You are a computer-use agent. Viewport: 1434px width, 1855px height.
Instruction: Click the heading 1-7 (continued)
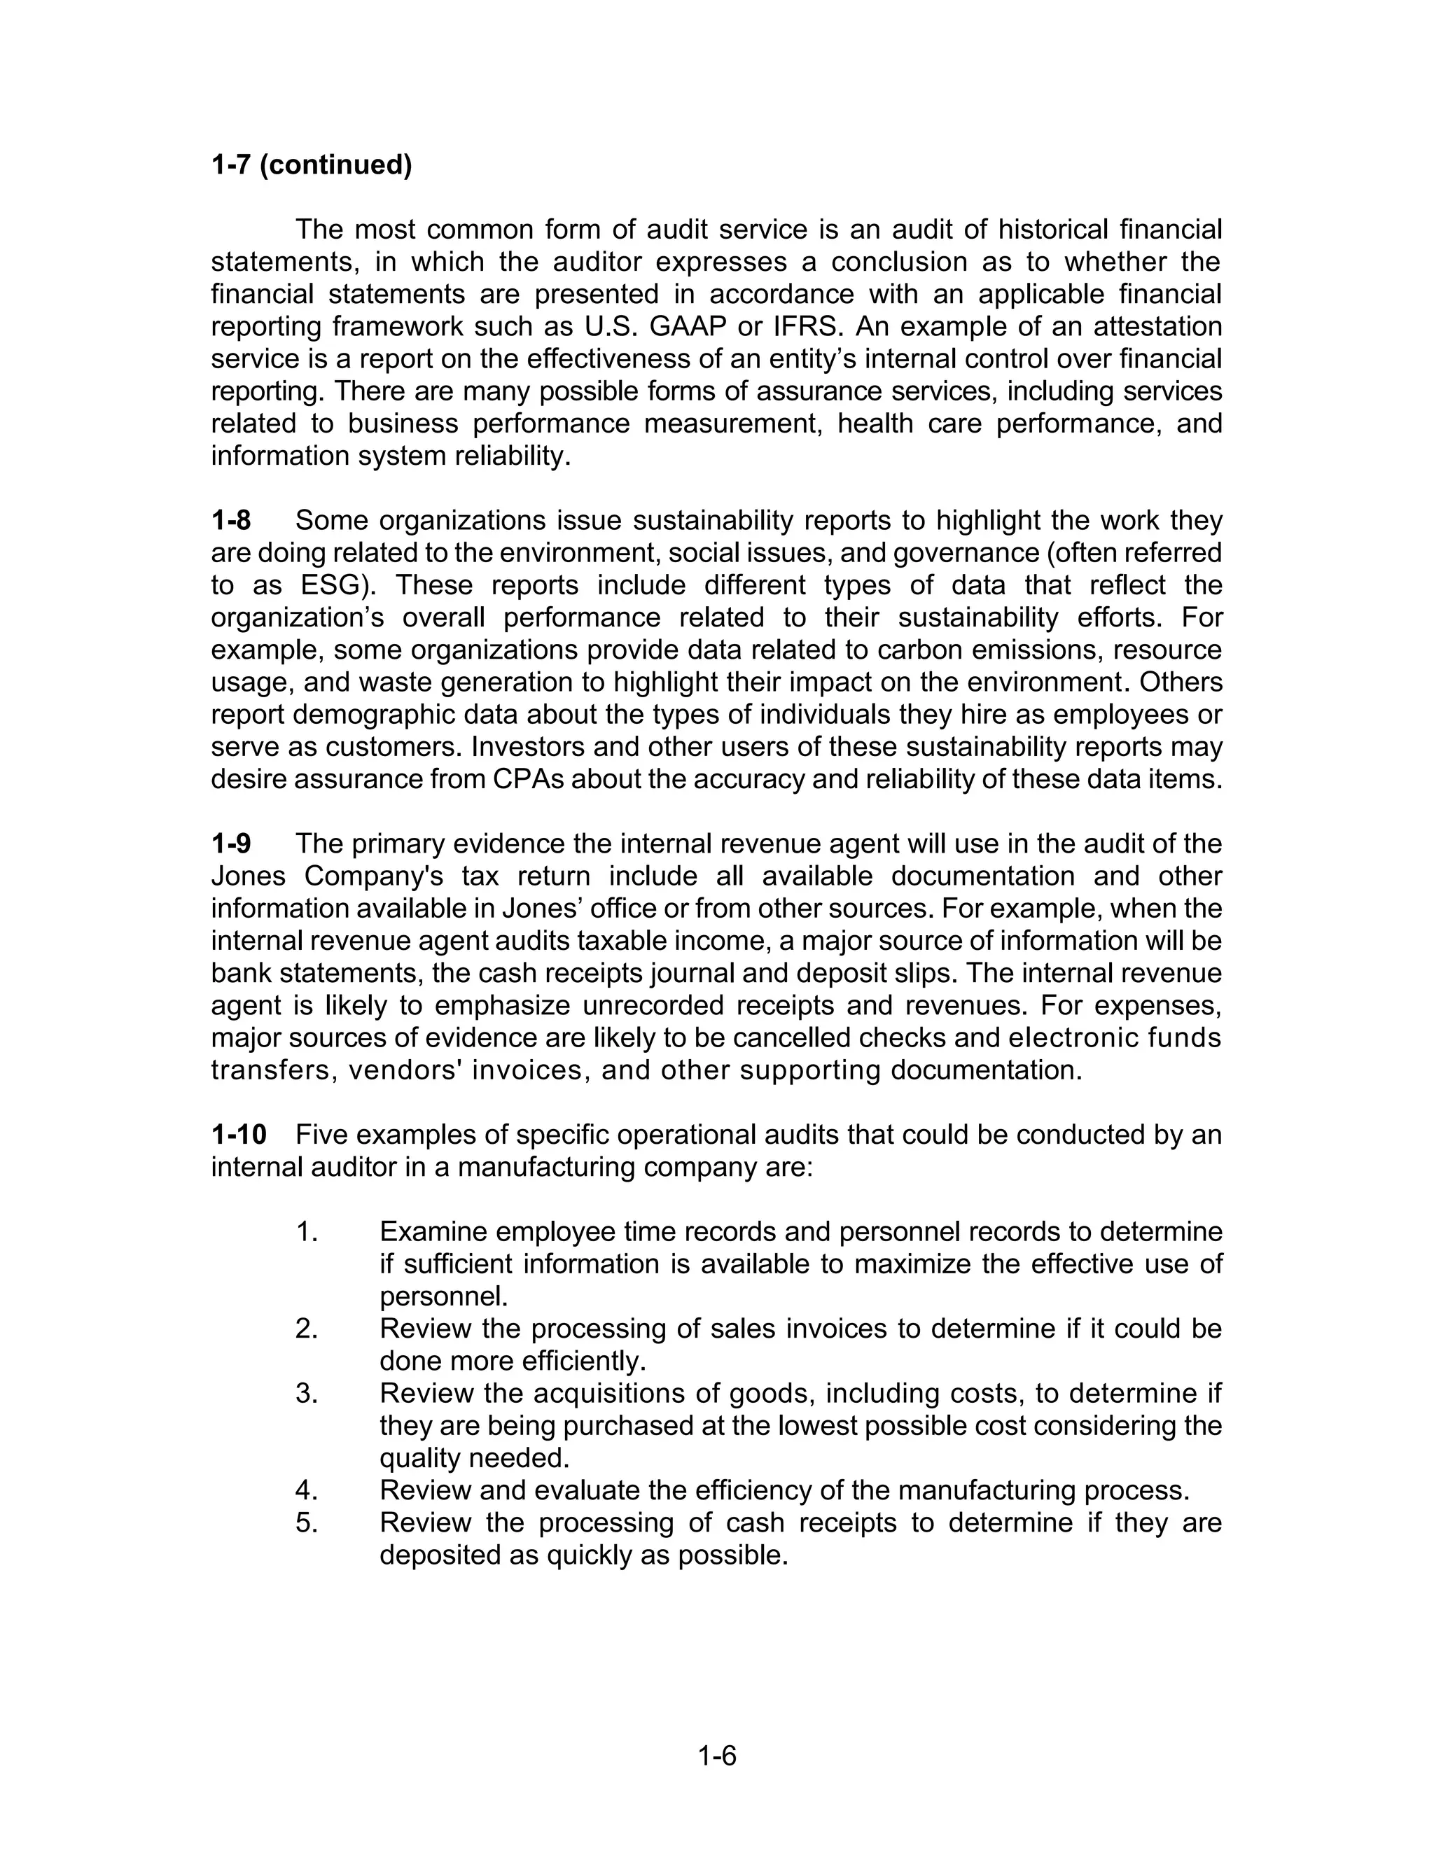coord(311,164)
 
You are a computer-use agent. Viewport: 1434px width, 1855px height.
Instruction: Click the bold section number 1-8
coord(231,520)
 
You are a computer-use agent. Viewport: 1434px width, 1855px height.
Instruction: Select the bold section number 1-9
coord(231,843)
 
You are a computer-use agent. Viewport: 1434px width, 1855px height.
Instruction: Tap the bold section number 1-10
coord(239,1134)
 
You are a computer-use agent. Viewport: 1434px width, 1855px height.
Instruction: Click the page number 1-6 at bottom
coord(717,1756)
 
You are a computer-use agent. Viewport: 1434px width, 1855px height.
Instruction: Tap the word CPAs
coord(529,779)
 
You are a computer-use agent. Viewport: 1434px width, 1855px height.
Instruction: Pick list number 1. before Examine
coord(307,1231)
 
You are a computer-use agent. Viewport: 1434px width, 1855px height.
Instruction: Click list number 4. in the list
coord(307,1490)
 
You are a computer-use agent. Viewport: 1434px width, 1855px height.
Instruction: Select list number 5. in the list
coord(307,1522)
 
